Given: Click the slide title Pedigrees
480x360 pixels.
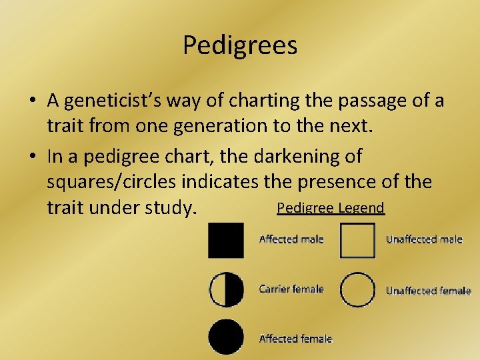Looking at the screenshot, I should click(x=240, y=45).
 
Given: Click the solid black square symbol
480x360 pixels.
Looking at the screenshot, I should click(x=226, y=240).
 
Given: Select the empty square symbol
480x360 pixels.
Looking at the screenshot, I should click(x=358, y=240).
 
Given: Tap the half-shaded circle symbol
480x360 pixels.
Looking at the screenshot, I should click(x=226, y=289).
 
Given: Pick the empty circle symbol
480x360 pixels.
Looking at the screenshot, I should click(x=358, y=289).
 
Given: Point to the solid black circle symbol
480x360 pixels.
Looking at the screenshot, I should click(x=226, y=337).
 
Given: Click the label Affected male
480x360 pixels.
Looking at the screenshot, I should click(x=291, y=239).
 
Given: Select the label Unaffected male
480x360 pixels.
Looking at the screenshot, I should click(x=424, y=239).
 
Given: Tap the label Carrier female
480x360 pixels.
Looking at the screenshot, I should click(x=291, y=289).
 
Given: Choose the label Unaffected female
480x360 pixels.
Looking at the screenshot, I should click(x=429, y=291).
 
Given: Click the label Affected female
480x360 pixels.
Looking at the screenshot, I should click(x=295, y=339).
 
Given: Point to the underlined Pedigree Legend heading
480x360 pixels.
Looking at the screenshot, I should click(x=331, y=208).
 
